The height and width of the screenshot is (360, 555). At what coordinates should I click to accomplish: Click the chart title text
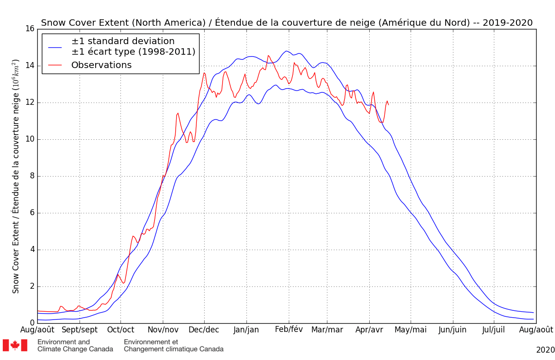pyautogui.click(x=286, y=23)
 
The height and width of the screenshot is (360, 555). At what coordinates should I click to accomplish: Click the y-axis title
pyautogui.click(x=16, y=176)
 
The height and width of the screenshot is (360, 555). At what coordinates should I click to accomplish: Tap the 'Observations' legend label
pyautogui.click(x=101, y=65)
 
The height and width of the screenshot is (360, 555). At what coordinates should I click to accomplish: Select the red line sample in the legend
pyautogui.click(x=55, y=65)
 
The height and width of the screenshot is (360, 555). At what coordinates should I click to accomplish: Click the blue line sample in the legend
pyautogui.click(x=55, y=46)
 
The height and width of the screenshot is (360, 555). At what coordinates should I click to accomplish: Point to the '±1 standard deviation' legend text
pyautogui.click(x=123, y=41)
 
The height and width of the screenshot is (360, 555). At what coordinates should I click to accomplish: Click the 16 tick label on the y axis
pyautogui.click(x=29, y=29)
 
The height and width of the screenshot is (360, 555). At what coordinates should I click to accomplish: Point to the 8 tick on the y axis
pyautogui.click(x=31, y=176)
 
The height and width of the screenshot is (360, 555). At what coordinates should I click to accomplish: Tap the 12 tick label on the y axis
pyautogui.click(x=29, y=103)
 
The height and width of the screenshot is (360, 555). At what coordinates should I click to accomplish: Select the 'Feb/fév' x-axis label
pyautogui.click(x=289, y=330)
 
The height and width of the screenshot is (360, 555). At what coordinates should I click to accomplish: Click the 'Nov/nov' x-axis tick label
pyautogui.click(x=162, y=330)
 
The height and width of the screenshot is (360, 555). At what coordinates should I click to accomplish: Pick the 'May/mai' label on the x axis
pyautogui.click(x=411, y=330)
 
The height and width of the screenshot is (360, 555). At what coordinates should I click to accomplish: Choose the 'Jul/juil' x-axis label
pyautogui.click(x=494, y=330)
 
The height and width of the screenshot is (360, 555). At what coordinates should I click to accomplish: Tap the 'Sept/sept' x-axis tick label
pyautogui.click(x=80, y=330)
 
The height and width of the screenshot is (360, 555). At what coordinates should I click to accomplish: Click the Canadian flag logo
pyautogui.click(x=15, y=345)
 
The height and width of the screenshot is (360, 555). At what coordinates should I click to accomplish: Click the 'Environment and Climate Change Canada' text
pyautogui.click(x=75, y=345)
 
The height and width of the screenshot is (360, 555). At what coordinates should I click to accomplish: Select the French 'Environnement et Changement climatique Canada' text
pyautogui.click(x=173, y=345)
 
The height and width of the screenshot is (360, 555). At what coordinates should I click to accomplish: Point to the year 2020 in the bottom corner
pyautogui.click(x=545, y=350)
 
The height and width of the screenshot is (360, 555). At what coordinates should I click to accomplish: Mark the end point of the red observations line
pyautogui.click(x=389, y=105)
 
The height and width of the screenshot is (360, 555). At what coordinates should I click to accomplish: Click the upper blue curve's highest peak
pyautogui.click(x=286, y=51)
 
